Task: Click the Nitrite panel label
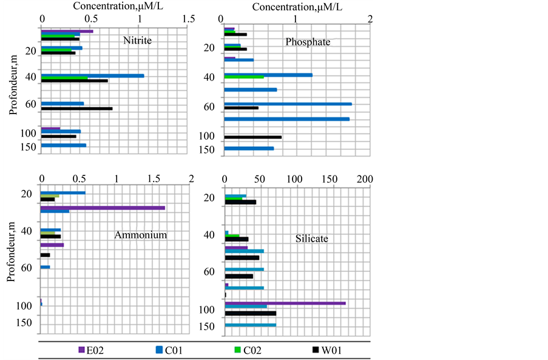tap(137, 41)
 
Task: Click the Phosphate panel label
tap(308, 42)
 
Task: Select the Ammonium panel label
tap(140, 235)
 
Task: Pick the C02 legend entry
tap(249, 350)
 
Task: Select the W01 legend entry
tap(328, 350)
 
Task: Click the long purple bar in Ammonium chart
tap(103, 208)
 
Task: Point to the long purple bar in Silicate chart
tap(285, 302)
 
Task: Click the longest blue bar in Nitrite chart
tap(92, 76)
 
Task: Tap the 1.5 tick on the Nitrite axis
tap(188, 19)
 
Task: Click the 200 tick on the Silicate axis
tap(364, 180)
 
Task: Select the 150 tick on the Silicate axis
tap(329, 180)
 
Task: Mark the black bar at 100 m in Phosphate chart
tap(252, 137)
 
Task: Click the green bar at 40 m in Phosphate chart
tap(244, 77)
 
